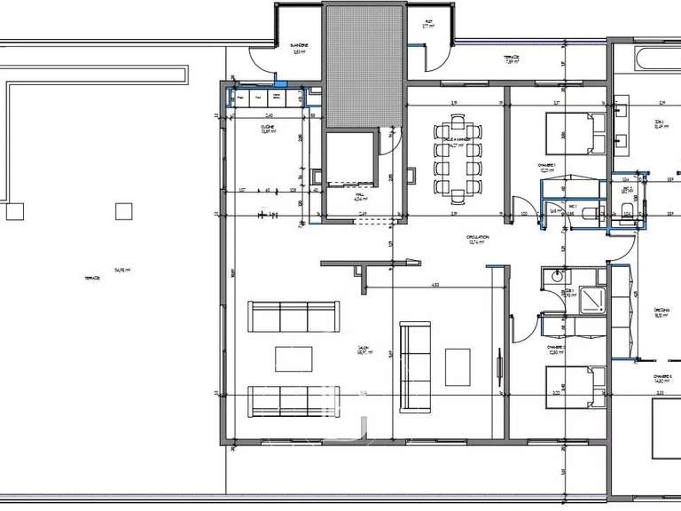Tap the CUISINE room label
click(x=269, y=128)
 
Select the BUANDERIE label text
click(x=300, y=45)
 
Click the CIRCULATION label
click(x=480, y=237)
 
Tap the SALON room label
click(x=363, y=348)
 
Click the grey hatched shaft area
click(x=364, y=67)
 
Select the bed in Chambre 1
click(x=572, y=133)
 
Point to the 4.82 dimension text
click(x=435, y=285)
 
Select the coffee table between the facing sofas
click(x=293, y=359)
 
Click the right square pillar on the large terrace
click(x=123, y=211)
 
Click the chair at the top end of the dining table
click(x=458, y=121)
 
